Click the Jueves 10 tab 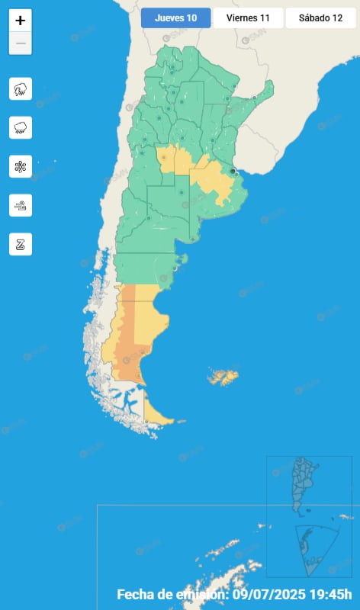175,18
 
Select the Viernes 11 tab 248,18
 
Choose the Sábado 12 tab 320,18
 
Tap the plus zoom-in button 21,21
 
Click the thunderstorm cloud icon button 21,89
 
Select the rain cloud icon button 21,127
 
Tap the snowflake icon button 21,166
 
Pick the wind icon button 21,205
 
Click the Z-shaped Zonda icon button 21,244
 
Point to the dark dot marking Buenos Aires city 233,172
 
